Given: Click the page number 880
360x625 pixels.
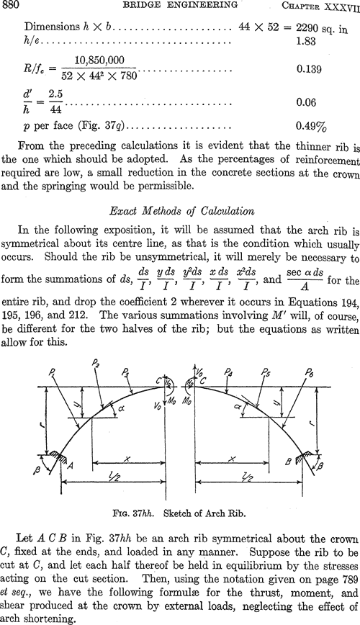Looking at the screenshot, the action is click(9, 5).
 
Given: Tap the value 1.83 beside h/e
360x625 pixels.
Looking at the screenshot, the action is click(306, 40).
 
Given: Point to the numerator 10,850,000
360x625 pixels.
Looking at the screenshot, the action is click(99, 60).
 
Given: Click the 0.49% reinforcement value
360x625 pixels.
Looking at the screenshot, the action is click(311, 126).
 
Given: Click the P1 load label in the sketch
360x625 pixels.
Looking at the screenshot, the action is click(53, 374).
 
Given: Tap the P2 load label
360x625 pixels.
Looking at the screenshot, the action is click(96, 363).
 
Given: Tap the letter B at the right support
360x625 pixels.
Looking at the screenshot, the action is click(289, 462).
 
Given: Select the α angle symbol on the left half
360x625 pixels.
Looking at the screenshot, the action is click(118, 409).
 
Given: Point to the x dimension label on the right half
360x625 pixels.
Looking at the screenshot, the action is click(232, 459).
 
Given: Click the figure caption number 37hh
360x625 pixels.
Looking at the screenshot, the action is click(144, 513).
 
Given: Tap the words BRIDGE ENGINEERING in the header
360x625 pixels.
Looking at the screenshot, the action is click(181, 5).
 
